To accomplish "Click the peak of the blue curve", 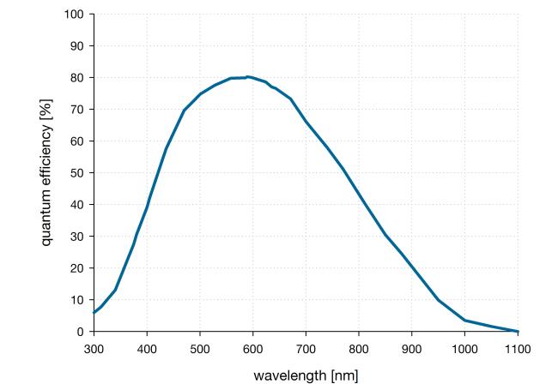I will pyautogui.click(x=247, y=76).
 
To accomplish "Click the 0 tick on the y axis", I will pyautogui.click(x=82, y=332).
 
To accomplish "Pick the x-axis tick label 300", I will pyautogui.click(x=94, y=349).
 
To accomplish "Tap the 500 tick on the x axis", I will pyautogui.click(x=200, y=349).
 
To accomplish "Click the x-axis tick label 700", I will pyautogui.click(x=306, y=349).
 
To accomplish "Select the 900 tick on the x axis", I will pyautogui.click(x=412, y=349).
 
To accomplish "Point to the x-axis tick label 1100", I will pyautogui.click(x=518, y=349).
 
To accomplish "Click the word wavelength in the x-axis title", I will pyautogui.click(x=288, y=375).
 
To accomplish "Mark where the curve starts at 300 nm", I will pyautogui.click(x=94, y=313).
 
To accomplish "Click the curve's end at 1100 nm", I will pyautogui.click(x=518, y=331).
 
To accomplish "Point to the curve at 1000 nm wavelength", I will pyautogui.click(x=464, y=320).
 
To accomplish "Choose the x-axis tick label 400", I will pyautogui.click(x=147, y=349).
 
